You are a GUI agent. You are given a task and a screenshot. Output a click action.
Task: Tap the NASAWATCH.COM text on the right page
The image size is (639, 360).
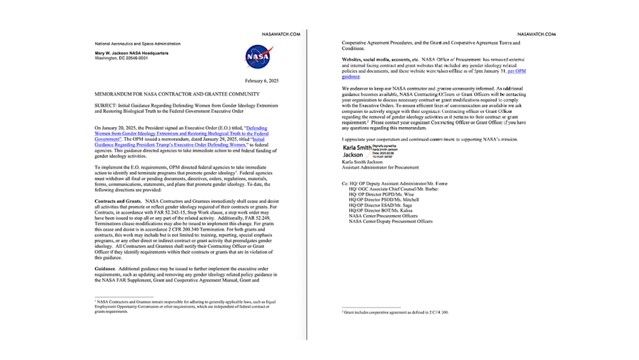click(536, 34)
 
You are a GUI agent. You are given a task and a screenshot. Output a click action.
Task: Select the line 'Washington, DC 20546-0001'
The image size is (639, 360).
click(122, 57)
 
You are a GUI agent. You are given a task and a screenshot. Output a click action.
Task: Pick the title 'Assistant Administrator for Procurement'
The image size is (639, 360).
click(380, 167)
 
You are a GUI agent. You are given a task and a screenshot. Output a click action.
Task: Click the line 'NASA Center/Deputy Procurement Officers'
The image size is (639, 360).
click(390, 221)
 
